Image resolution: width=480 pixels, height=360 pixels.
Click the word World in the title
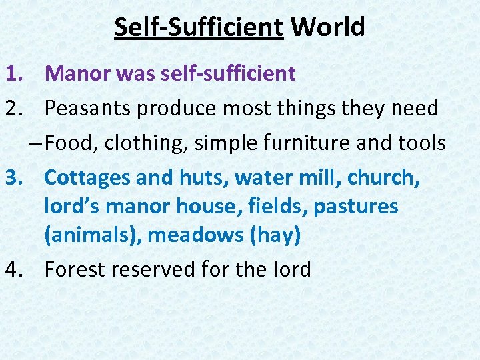pyautogui.click(x=328, y=28)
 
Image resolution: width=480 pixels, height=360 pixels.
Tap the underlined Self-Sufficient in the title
pyautogui.click(x=199, y=28)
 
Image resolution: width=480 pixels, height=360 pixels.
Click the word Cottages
pyautogui.click(x=87, y=178)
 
